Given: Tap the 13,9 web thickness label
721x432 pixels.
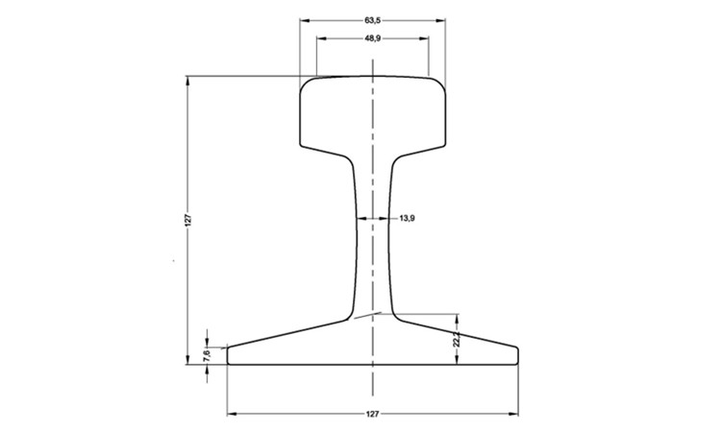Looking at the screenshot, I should tap(406, 219).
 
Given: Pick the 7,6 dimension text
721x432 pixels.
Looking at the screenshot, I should tap(207, 354).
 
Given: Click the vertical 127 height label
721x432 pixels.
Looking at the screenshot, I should tap(189, 220).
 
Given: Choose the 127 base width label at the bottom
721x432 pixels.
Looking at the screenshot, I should tap(372, 414).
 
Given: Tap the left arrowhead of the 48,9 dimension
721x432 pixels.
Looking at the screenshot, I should tap(320, 38).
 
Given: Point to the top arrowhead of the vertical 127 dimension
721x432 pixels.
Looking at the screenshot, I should tap(186, 80).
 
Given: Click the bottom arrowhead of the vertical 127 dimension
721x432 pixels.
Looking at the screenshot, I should tap(186, 362).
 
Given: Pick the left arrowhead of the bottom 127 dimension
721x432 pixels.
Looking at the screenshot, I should tap(231, 415).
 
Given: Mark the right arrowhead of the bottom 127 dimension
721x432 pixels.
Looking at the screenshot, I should tap(514, 415).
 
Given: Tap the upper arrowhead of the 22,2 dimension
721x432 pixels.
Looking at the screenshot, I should tap(458, 318).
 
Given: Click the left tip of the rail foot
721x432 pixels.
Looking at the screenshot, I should tap(229, 355).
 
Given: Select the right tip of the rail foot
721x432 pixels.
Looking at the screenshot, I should tap(517, 355).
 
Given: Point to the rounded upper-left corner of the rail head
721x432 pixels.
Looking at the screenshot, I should tap(307, 84).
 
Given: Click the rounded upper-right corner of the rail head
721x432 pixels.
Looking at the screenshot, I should tap(441, 84).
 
